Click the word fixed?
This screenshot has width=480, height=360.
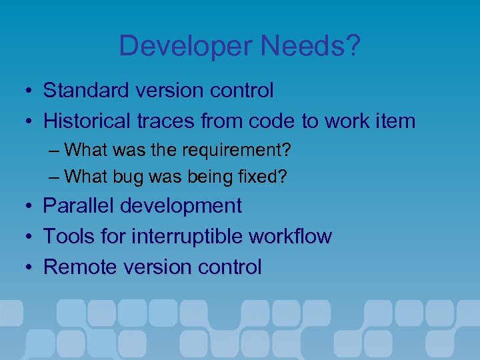pyautogui.click(x=266, y=177)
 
